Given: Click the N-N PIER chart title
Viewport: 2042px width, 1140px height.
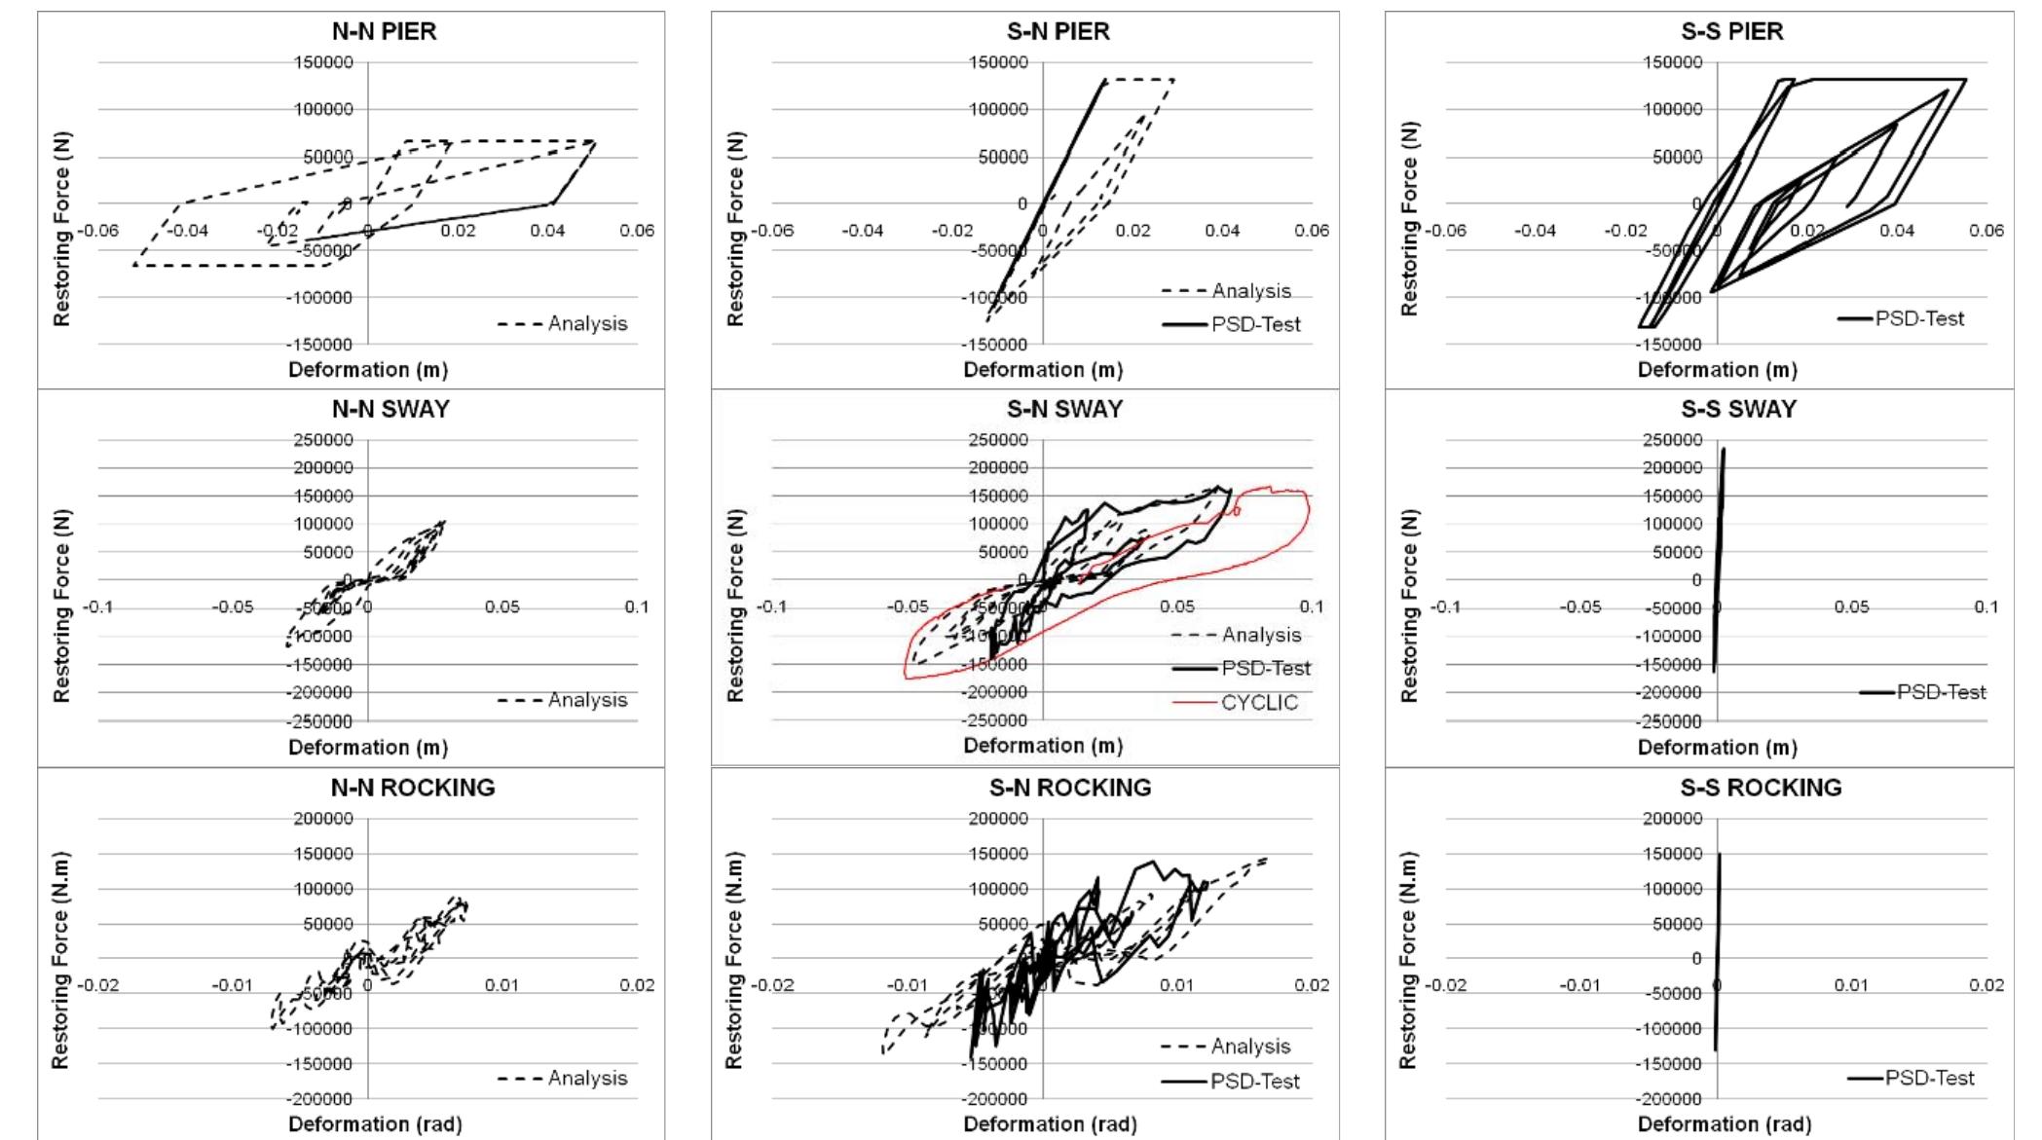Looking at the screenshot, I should pyautogui.click(x=384, y=31).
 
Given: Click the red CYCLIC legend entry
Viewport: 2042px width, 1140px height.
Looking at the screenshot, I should pyautogui.click(x=1259, y=703).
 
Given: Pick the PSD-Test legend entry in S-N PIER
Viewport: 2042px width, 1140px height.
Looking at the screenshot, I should pyautogui.click(x=1255, y=324).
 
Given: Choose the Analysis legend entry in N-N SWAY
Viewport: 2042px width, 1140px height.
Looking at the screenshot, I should pyautogui.click(x=587, y=700).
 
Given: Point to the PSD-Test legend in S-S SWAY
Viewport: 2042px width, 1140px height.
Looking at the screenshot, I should pyautogui.click(x=1941, y=692).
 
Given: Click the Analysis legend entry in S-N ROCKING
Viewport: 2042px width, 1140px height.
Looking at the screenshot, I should pyautogui.click(x=1250, y=1047).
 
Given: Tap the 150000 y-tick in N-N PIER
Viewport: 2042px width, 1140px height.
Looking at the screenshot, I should pyautogui.click(x=323, y=63).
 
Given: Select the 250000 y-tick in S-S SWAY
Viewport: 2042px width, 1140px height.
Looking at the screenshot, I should pyautogui.click(x=1672, y=440).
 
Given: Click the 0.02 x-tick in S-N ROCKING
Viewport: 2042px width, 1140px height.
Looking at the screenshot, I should pyautogui.click(x=1312, y=985).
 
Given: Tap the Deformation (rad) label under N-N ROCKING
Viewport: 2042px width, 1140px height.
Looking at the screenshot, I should pyautogui.click(x=375, y=1124).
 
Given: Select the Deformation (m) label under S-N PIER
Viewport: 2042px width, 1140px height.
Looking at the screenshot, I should pyautogui.click(x=1043, y=370).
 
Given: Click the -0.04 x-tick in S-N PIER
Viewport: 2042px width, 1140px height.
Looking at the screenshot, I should pyautogui.click(x=862, y=231).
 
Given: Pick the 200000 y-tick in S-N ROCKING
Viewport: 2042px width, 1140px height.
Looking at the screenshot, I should pyautogui.click(x=997, y=819).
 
